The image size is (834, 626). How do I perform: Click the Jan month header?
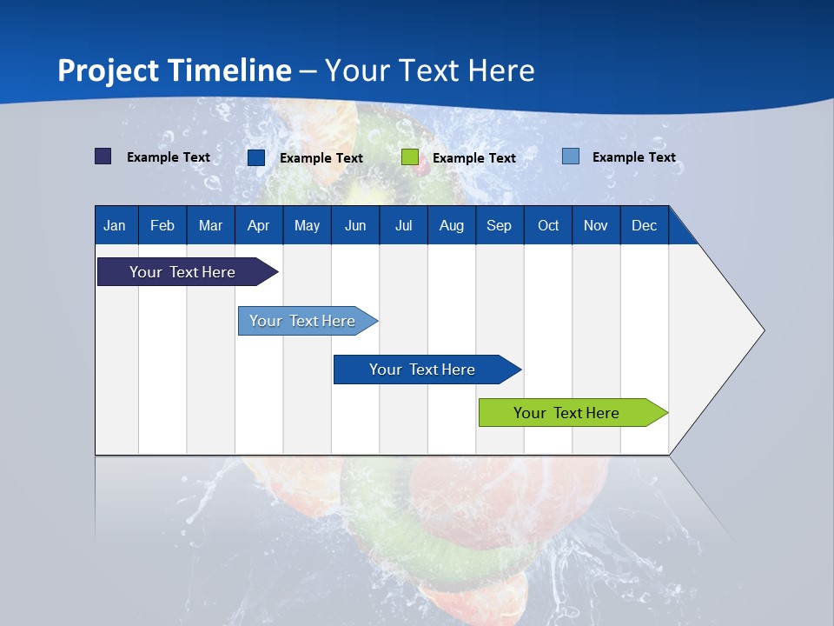pos(115,225)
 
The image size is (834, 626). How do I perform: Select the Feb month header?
pos(162,225)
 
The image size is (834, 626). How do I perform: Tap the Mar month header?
pos(210,225)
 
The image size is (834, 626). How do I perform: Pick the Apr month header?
pos(258,225)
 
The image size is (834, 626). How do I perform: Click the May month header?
pos(307,225)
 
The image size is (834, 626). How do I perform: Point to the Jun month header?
pos(355,225)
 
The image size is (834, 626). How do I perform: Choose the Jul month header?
pos(403,225)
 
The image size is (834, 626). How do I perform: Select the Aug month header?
pos(451,225)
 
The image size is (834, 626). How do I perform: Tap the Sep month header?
pos(499,225)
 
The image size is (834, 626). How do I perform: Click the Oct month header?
pos(548,225)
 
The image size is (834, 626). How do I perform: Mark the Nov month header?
pos(596,225)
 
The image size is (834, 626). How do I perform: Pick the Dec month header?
pos(644,225)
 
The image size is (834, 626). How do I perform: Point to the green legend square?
pos(410,157)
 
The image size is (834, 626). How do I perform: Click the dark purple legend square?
pos(103,156)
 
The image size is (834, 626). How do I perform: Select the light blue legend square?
pos(571,156)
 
